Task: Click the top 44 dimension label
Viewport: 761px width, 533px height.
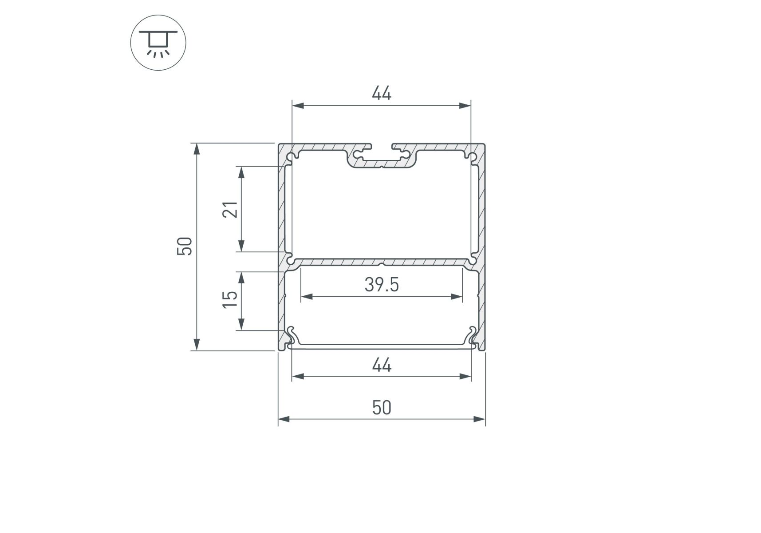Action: click(x=382, y=94)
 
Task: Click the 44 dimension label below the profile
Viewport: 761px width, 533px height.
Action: click(x=382, y=365)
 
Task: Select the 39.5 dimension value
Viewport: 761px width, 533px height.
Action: click(x=382, y=285)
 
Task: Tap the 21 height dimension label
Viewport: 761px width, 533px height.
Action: click(x=230, y=209)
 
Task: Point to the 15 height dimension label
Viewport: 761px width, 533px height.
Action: click(x=230, y=300)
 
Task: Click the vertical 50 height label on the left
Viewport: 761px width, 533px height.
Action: click(x=185, y=247)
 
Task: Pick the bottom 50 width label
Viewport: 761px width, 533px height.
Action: click(x=382, y=407)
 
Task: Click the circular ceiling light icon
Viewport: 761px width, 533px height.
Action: click(x=158, y=43)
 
